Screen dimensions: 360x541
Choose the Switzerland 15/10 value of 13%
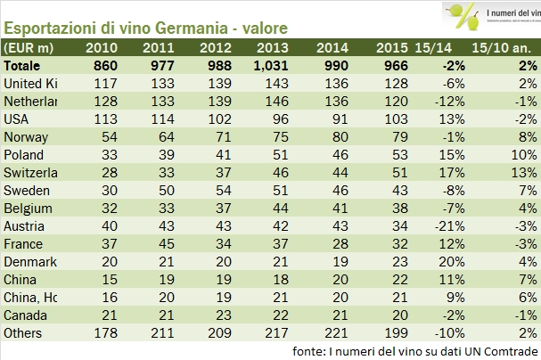[519, 172]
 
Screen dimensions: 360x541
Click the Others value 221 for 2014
[332, 332]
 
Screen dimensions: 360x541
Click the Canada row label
[26, 315]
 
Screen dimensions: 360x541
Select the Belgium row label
[28, 208]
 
